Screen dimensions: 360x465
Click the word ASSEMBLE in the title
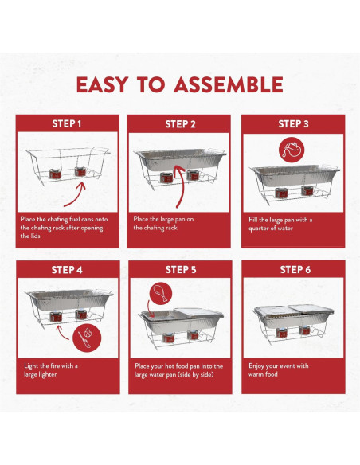(229, 85)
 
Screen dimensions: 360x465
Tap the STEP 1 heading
(67, 123)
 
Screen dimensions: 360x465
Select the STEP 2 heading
(180, 124)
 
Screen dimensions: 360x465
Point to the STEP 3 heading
(293, 124)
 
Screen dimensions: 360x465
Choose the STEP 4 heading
(67, 270)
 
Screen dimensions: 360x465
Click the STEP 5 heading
(181, 270)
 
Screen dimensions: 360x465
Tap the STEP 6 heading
(295, 270)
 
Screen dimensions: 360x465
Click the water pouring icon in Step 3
(292, 150)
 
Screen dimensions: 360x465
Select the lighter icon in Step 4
(87, 338)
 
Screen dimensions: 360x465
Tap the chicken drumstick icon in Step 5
(161, 293)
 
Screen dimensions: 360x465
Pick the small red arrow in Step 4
(61, 333)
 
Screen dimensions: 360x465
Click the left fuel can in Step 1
(55, 174)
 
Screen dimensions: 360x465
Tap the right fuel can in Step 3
(307, 190)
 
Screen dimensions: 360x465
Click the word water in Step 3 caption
(285, 229)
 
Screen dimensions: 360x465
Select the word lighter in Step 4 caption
(47, 374)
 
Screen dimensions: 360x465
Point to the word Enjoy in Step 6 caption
(256, 366)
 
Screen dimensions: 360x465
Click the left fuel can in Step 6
(281, 333)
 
